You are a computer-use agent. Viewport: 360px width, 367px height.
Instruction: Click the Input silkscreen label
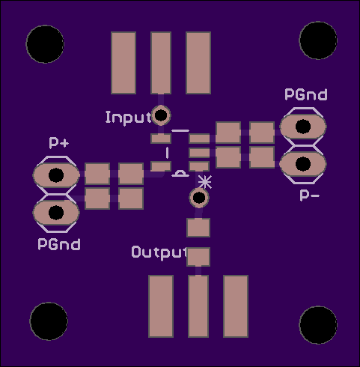pyautogui.click(x=129, y=118)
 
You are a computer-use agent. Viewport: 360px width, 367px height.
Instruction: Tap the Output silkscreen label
pyautogui.click(x=159, y=252)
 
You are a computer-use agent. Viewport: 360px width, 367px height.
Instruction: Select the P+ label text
pyautogui.click(x=59, y=142)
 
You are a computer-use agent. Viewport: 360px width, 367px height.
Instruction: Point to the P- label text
pyautogui.click(x=309, y=195)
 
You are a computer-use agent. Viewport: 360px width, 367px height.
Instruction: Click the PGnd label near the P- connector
pyautogui.click(x=306, y=94)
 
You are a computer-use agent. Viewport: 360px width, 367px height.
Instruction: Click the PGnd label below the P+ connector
pyautogui.click(x=59, y=244)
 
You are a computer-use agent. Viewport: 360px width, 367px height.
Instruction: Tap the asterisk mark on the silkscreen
pyautogui.click(x=205, y=182)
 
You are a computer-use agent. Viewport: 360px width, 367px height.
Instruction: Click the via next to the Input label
pyautogui.click(x=161, y=115)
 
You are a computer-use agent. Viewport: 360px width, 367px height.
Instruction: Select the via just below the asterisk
pyautogui.click(x=199, y=198)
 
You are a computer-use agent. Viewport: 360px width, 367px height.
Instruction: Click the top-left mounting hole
pyautogui.click(x=45, y=44)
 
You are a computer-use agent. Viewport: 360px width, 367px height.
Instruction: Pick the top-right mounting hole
pyautogui.click(x=318, y=40)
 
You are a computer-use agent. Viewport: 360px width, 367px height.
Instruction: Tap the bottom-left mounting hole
pyautogui.click(x=49, y=321)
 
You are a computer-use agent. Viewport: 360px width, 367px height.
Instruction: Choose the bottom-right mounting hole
pyautogui.click(x=318, y=325)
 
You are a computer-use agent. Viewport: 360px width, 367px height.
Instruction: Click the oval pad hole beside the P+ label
pyautogui.click(x=56, y=175)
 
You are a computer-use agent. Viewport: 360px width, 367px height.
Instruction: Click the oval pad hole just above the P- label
pyautogui.click(x=303, y=164)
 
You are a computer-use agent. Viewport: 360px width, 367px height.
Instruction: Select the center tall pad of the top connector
pyautogui.click(x=161, y=63)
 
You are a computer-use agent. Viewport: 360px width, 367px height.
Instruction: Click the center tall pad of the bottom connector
pyautogui.click(x=198, y=306)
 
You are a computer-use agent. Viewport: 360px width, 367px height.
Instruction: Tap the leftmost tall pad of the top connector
pyautogui.click(x=123, y=63)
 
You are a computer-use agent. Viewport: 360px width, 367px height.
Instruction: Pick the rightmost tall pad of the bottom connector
pyautogui.click(x=236, y=306)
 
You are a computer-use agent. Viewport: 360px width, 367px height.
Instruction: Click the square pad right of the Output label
pyautogui.click(x=198, y=257)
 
